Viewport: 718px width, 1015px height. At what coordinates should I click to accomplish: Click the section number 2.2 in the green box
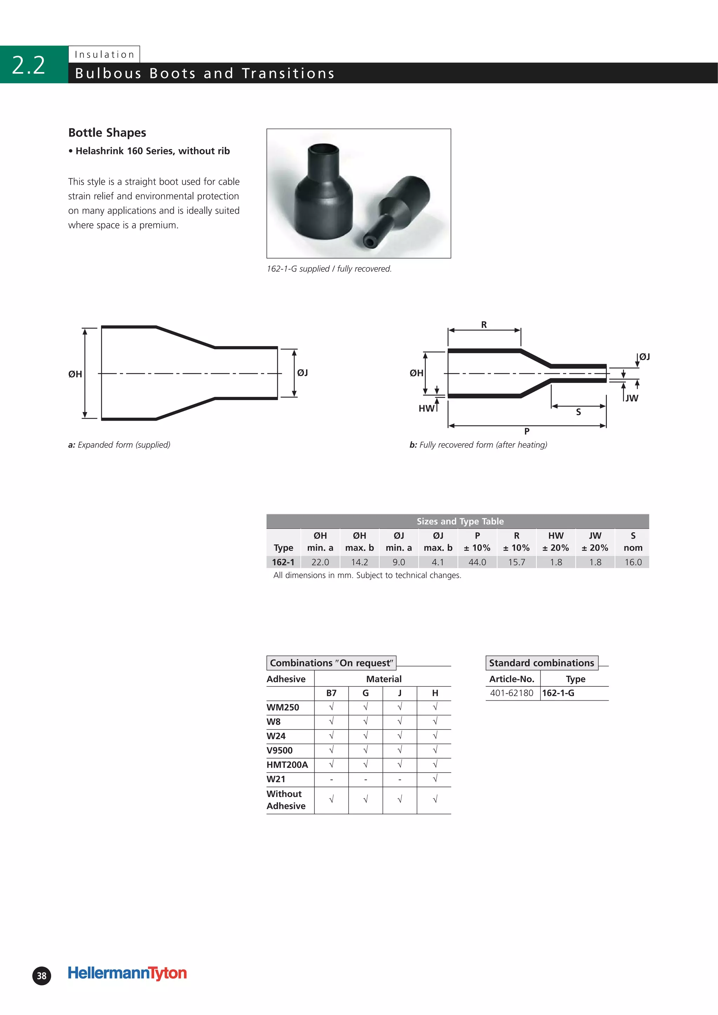tap(28, 65)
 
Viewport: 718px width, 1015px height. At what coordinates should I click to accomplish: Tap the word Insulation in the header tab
tap(104, 54)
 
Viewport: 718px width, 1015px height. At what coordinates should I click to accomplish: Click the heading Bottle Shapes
tap(107, 133)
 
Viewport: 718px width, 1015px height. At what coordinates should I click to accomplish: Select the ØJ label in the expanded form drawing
tap(303, 373)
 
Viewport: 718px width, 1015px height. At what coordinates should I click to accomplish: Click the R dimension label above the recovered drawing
tap(483, 325)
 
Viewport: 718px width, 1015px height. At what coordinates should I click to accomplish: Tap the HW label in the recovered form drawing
tap(426, 409)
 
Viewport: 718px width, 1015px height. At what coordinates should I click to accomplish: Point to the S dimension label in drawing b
tap(578, 412)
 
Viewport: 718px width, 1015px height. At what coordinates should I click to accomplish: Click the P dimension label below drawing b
tap(527, 431)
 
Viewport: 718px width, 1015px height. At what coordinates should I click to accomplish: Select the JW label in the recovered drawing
tap(632, 398)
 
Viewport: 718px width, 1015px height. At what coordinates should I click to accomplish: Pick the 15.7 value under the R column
tap(516, 562)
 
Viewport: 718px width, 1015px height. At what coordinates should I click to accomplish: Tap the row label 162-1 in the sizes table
tap(283, 562)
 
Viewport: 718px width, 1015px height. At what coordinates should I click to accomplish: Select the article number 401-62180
tap(512, 693)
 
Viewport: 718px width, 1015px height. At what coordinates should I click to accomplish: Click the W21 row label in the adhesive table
tap(276, 779)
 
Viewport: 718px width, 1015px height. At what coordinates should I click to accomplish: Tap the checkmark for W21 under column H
tap(435, 779)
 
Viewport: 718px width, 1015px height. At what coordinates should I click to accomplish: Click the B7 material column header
tap(331, 693)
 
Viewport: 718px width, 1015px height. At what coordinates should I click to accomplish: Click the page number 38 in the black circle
tap(42, 976)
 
